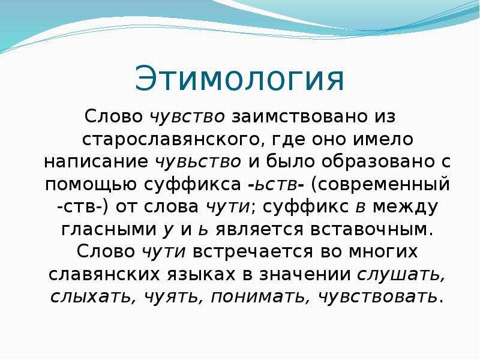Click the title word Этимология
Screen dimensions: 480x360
click(239, 78)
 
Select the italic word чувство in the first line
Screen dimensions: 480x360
click(187, 116)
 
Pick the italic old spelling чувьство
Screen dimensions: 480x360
click(199, 161)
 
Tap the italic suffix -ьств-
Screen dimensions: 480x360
click(275, 184)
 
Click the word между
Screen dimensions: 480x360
click(406, 207)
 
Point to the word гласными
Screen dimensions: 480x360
click(109, 229)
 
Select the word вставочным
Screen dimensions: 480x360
click(372, 229)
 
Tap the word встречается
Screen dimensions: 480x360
click(253, 252)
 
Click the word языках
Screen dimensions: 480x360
click(201, 274)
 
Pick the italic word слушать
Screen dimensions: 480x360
click(401, 274)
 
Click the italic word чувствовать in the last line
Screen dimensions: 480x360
click(378, 296)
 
